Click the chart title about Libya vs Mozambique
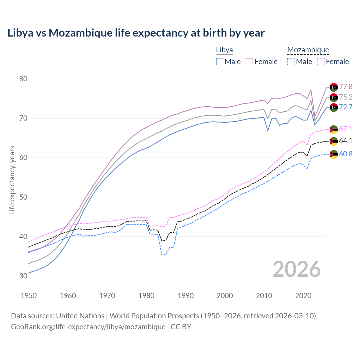(136, 33)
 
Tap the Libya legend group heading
(224, 50)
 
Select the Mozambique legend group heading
(308, 50)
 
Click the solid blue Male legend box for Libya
(220, 62)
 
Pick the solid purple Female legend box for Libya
(250, 62)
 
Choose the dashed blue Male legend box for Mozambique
(291, 62)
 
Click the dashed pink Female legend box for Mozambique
(321, 62)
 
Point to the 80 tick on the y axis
(23, 79)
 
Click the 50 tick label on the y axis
(23, 197)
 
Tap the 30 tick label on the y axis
(23, 276)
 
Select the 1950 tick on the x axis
(29, 296)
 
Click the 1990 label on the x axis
(186, 296)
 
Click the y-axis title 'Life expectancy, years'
(12, 180)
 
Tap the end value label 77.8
(346, 87)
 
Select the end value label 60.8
(346, 154)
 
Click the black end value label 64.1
(346, 141)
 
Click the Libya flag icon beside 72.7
(334, 107)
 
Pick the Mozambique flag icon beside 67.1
(334, 129)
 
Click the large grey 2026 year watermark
(297, 269)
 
